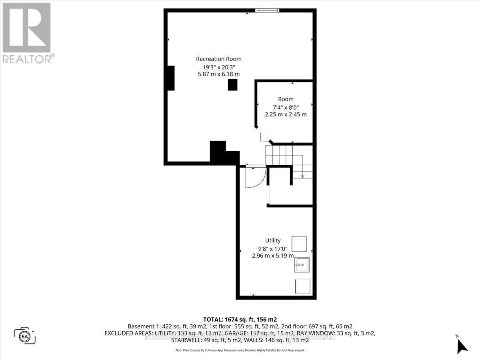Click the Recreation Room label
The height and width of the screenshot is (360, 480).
pos(218,59)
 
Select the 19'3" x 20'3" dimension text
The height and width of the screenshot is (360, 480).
pos(218,66)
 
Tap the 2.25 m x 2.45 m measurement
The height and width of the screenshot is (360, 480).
pos(286,114)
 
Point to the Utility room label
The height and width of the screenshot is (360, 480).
pos(273,240)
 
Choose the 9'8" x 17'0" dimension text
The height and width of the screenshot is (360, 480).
pos(273,248)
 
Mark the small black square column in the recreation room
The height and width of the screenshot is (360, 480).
pos(232,84)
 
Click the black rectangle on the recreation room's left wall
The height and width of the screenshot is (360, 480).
pos(170,78)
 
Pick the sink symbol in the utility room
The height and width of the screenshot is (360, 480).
pos(302,265)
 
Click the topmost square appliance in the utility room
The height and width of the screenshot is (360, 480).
pos(299,244)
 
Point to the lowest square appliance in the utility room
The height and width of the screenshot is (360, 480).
pos(302,286)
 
